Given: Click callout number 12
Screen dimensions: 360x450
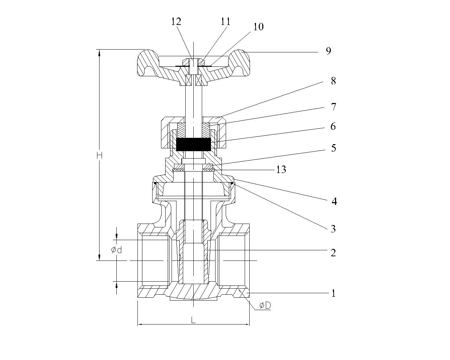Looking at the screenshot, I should [x=176, y=21].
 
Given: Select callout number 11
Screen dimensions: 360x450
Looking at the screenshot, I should [x=225, y=21].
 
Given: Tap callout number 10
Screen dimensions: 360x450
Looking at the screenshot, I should [x=258, y=27].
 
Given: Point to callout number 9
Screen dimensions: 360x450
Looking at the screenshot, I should [x=328, y=51].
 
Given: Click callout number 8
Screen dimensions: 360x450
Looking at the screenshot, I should [x=333, y=81].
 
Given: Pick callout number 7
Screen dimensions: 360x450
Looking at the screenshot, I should [x=333, y=107].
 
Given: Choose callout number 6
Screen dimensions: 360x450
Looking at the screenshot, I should [x=333, y=126].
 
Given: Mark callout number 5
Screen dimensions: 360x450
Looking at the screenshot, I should [x=333, y=148].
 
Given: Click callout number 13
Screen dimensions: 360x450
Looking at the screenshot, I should [x=281, y=170].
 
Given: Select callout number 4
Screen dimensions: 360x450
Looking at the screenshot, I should [x=334, y=201].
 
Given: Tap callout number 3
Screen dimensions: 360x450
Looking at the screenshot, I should [x=333, y=229].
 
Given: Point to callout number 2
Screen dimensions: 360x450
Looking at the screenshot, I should [x=333, y=252].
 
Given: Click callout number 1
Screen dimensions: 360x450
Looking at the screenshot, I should [x=333, y=293].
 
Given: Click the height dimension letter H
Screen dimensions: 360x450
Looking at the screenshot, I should [x=99, y=155].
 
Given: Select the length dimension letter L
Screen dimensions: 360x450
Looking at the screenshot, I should [x=193, y=320].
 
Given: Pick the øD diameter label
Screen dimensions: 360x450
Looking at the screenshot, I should [x=265, y=306].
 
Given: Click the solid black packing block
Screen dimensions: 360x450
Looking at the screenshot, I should [x=193, y=144].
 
